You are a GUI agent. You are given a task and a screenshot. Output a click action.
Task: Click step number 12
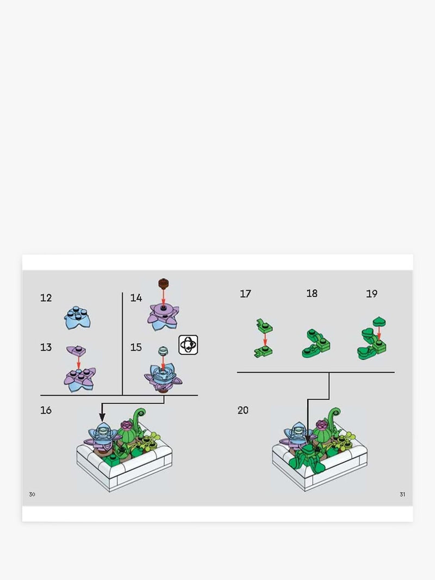tap(46, 298)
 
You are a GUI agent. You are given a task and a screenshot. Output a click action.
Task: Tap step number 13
tap(46, 347)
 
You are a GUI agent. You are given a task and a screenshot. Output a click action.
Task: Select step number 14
tap(136, 298)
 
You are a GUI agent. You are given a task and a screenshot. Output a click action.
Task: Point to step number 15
tap(136, 347)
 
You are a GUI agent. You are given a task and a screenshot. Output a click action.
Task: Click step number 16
tap(46, 410)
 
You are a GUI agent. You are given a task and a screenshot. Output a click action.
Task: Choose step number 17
tap(246, 294)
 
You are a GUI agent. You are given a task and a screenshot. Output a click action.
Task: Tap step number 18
tap(312, 294)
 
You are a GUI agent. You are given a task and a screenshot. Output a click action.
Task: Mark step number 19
tap(372, 294)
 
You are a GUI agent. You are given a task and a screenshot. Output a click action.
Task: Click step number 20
tap(243, 410)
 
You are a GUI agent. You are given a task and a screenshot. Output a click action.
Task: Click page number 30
tap(32, 495)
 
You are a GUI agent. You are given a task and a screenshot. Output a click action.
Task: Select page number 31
tap(402, 495)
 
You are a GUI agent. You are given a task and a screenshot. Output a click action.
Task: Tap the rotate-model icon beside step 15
tap(188, 345)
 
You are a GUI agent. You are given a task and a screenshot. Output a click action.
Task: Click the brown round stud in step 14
tap(163, 283)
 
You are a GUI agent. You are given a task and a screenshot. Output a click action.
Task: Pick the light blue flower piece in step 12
tap(78, 318)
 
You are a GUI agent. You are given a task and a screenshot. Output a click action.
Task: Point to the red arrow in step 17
tap(265, 340)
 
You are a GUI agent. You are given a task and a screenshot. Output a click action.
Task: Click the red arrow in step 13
tap(78, 363)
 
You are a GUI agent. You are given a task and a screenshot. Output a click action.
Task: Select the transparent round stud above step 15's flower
tap(163, 350)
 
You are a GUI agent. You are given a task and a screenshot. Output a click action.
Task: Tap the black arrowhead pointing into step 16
tap(102, 417)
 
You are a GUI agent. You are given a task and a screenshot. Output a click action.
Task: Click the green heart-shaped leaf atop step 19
tap(379, 321)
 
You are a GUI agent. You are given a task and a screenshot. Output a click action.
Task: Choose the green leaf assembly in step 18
tap(316, 344)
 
